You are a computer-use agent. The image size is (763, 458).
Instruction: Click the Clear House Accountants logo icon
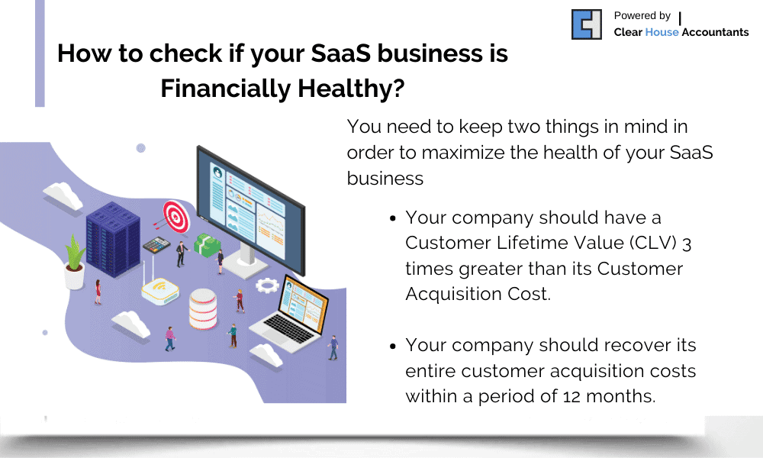587,24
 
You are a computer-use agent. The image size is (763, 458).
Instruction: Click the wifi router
159,289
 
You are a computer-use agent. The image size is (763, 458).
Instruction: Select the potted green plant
75,260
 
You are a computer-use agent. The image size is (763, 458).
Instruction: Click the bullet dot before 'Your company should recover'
392,346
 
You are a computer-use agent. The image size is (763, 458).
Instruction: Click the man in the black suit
181,253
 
